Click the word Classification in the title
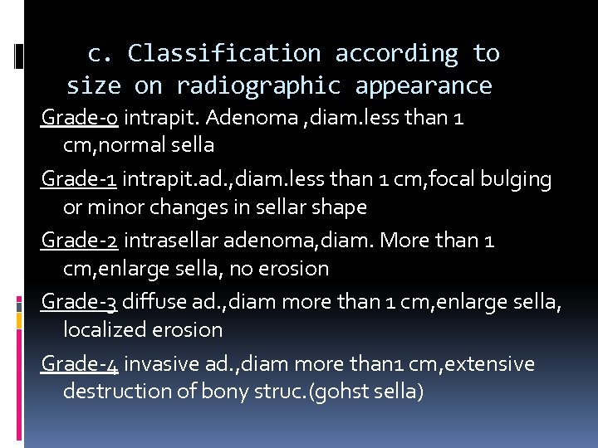click(223, 54)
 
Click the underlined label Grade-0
click(80, 118)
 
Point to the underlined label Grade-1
click(80, 178)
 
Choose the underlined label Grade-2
click(81, 241)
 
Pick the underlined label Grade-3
click(81, 302)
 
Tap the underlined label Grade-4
click(81, 364)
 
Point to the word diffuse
click(155, 302)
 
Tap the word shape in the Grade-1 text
click(341, 206)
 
